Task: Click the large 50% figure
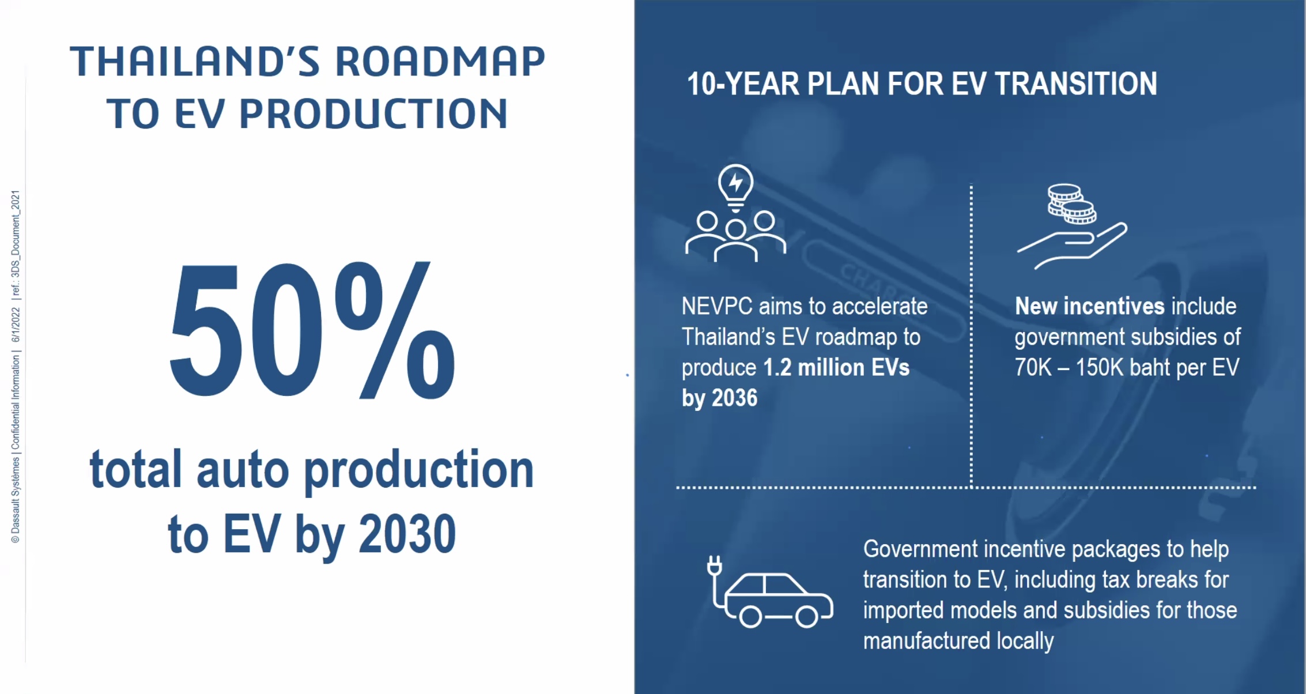[x=312, y=330]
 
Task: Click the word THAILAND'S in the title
[x=195, y=61]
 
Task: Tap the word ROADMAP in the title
[x=440, y=61]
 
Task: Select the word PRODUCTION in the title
[x=373, y=113]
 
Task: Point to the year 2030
[x=407, y=533]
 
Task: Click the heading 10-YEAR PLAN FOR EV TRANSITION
[x=922, y=84]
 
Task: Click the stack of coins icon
[x=1071, y=203]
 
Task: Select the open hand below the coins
[x=1072, y=246]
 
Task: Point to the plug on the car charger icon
[x=715, y=565]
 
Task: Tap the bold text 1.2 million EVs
[x=836, y=367]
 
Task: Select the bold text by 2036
[x=719, y=398]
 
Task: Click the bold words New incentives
[x=1090, y=306]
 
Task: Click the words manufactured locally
[x=958, y=640]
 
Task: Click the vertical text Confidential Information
[x=16, y=402]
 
